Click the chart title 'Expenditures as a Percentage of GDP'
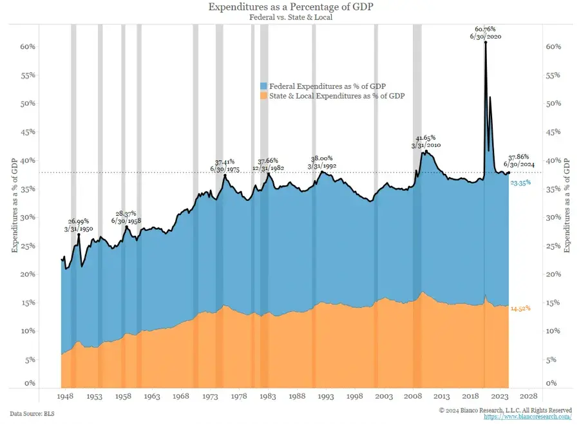click(x=290, y=7)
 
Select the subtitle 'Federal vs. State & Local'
click(x=290, y=17)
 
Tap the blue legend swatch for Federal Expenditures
click(x=263, y=86)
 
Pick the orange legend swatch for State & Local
click(x=263, y=95)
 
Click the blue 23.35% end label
click(x=520, y=184)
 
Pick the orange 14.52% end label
click(x=520, y=309)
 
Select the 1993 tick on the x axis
click(x=325, y=397)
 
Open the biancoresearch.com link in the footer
click(x=528, y=417)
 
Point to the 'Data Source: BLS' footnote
click(x=31, y=412)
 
